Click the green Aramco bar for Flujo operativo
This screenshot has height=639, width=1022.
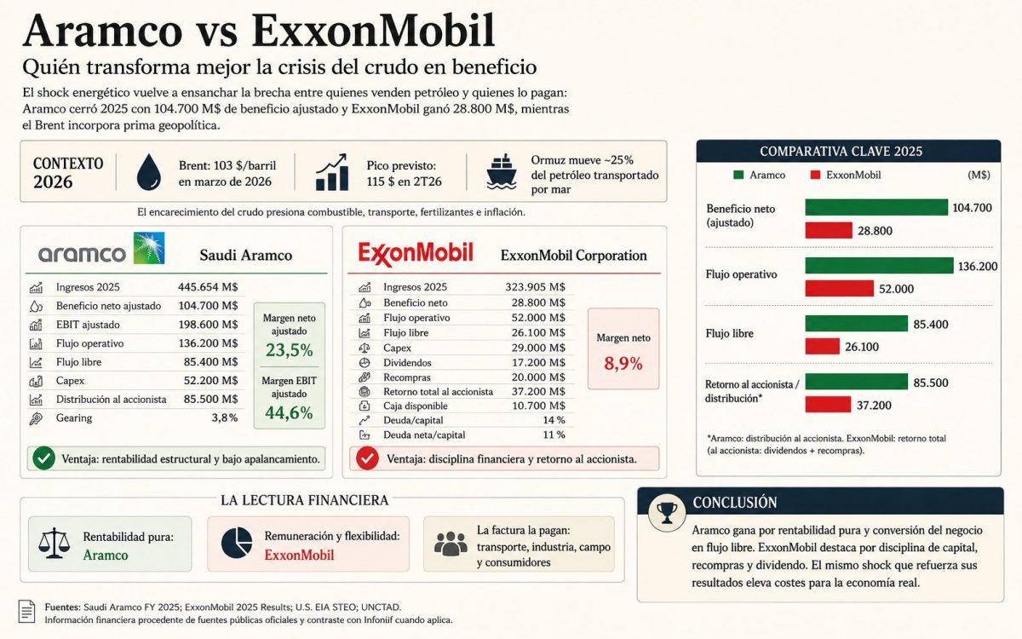[879, 266]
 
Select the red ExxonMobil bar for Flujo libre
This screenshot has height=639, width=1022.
[822, 347]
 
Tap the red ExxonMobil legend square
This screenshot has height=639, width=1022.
[815, 175]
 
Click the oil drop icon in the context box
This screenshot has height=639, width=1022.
[149, 171]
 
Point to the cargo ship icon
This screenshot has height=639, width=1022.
[501, 171]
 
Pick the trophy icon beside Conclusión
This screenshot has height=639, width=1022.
[667, 512]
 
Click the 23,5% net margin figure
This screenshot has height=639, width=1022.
[290, 350]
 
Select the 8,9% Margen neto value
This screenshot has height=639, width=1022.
[623, 363]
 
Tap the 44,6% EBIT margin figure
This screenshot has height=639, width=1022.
[289, 412]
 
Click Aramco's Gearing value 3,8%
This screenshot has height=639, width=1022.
[225, 417]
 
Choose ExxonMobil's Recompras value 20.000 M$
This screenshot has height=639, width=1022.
[538, 377]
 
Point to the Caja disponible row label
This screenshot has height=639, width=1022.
[416, 406]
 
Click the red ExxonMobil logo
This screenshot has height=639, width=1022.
[416, 254]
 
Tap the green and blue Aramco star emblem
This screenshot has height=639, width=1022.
[149, 248]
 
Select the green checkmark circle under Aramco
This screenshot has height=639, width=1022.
[43, 458]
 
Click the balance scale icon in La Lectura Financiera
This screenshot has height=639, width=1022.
[55, 544]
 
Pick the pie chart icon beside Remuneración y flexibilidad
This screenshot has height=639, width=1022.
[237, 544]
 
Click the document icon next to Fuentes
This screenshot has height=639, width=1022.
[27, 611]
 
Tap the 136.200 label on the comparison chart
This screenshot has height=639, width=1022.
[978, 266]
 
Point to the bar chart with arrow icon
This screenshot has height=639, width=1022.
[332, 171]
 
